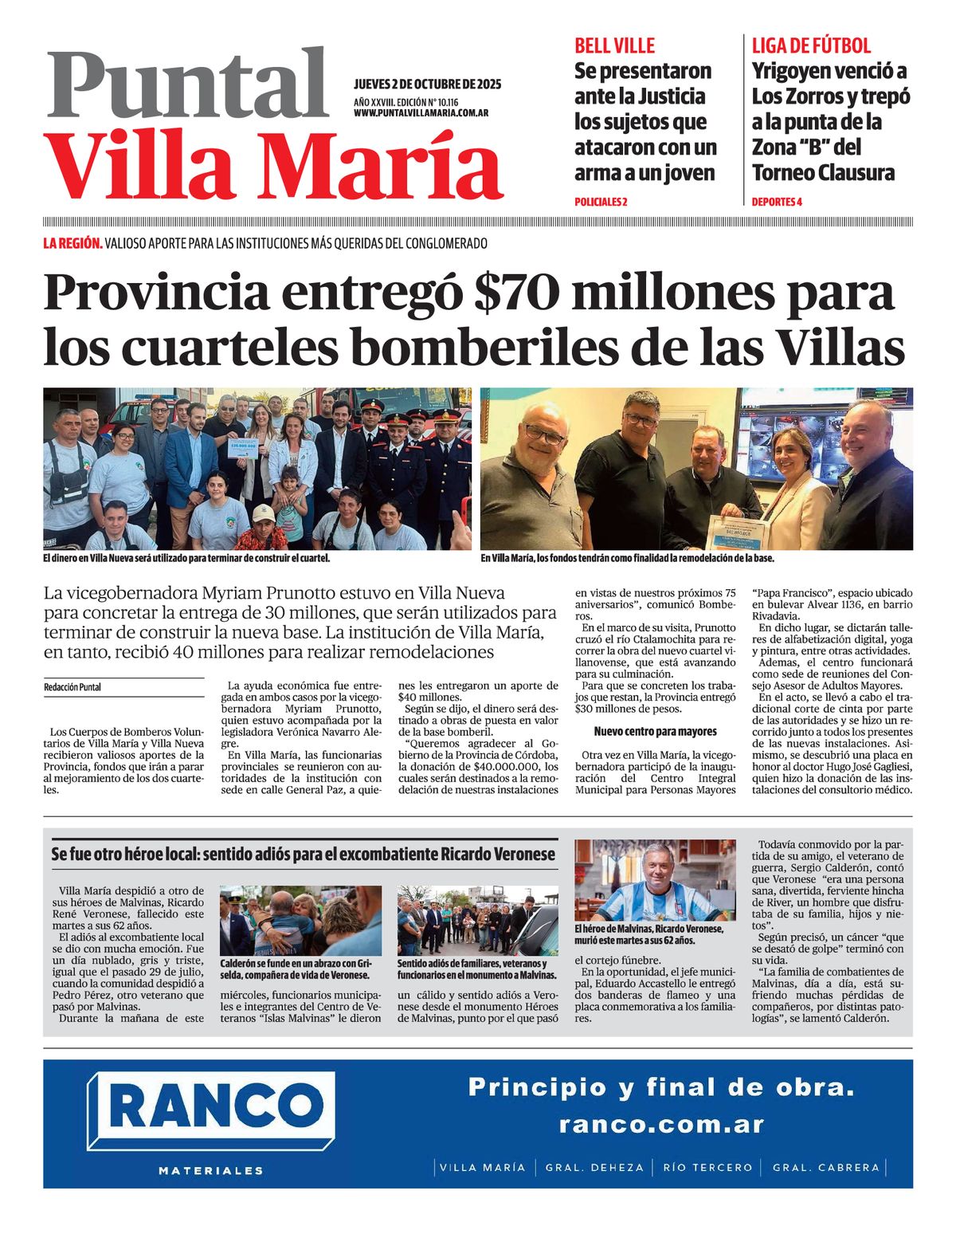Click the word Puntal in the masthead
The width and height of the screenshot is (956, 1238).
coord(188,84)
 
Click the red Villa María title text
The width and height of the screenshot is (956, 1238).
coord(276,165)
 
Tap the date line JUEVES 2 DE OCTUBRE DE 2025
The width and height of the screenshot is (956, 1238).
coord(427,84)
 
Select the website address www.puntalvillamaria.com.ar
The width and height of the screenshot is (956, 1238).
coord(421,113)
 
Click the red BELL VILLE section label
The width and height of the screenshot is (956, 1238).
coord(614,45)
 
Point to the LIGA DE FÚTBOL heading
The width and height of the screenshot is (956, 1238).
coord(811,45)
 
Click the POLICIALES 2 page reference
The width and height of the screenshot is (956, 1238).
coord(601,202)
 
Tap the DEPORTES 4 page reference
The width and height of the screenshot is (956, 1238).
coord(777,202)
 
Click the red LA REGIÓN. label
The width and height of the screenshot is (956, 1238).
coord(72,244)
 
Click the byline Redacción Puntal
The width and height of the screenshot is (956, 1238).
coord(72,687)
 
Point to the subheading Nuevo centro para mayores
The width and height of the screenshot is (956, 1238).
coord(655,731)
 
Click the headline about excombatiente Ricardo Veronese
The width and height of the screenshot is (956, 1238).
coord(304,854)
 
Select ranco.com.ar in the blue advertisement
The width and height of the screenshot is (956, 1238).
coord(660,1125)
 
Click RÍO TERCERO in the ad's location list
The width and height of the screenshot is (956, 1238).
coord(707,1168)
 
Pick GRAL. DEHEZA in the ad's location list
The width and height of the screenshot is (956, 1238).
coord(594,1168)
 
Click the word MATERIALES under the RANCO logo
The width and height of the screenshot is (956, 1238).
coord(211,1171)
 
